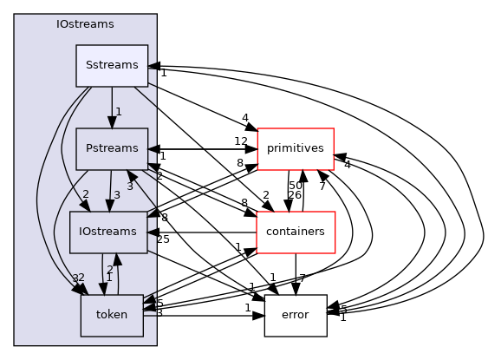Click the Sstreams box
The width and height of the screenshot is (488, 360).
point(111,66)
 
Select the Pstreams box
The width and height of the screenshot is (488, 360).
point(111,149)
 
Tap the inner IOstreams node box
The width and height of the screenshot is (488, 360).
point(107,232)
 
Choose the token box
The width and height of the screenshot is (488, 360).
point(111,315)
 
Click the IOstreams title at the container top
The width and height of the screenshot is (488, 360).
point(85,24)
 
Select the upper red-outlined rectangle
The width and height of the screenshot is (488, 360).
point(295,149)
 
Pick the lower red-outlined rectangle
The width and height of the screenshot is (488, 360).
point(295,232)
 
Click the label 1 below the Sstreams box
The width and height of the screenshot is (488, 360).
point(118,112)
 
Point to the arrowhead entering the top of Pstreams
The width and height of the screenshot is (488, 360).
point(111,122)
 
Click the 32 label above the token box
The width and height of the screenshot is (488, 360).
point(78,278)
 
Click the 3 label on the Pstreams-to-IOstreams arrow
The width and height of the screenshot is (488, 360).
point(116,195)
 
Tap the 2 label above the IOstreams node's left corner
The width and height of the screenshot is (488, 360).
point(86,194)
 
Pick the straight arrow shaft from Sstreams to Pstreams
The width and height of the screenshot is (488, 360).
point(111,101)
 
